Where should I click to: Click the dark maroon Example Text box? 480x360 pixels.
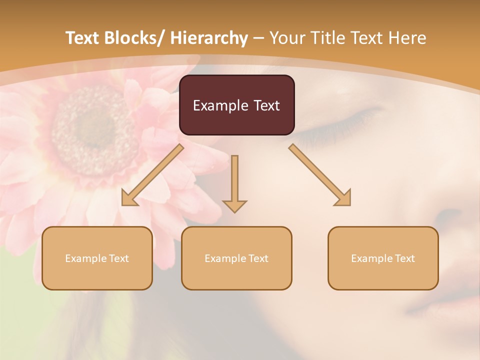[x=236, y=105]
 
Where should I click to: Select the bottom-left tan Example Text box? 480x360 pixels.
[x=97, y=258]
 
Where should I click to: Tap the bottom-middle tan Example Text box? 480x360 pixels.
[x=236, y=258]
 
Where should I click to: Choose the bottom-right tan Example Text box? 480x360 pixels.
[x=383, y=258]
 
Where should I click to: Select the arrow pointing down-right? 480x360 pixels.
[x=320, y=175]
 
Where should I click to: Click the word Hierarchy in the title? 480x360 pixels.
[x=209, y=38]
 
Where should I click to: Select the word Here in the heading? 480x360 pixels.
[x=409, y=38]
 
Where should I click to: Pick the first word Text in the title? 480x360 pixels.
[x=83, y=38]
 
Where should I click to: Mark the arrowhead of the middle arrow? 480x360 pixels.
[x=234, y=206]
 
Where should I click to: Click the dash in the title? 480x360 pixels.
[x=258, y=38]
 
